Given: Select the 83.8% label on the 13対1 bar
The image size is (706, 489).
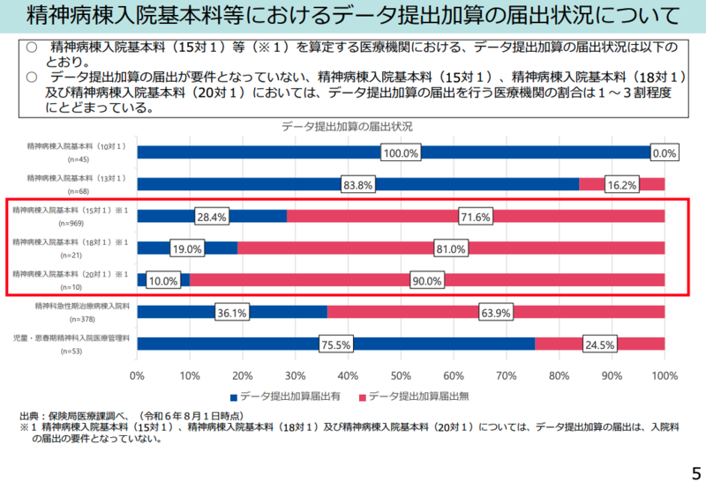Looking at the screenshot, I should pos(358,185).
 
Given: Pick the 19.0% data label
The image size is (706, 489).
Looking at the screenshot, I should pos(187,248).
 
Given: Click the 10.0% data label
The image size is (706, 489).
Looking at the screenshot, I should pos(163,280).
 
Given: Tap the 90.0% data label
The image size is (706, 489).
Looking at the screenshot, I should pos(427,280).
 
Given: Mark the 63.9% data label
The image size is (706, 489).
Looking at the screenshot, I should pos(496,312).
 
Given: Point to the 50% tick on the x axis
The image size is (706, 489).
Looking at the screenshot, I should pos(401,376).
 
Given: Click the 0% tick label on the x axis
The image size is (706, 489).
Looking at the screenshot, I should pos(137,376).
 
